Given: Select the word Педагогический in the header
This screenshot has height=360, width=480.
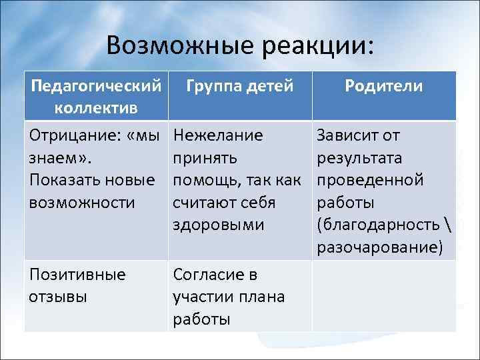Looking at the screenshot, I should (x=97, y=86).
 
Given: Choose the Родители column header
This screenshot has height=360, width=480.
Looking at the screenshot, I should (x=384, y=86).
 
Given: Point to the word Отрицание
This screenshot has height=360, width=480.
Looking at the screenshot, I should (x=70, y=136).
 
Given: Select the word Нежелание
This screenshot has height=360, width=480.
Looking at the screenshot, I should (x=217, y=136).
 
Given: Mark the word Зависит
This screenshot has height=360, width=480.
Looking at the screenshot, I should (x=349, y=136).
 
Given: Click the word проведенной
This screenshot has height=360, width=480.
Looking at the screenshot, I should (x=370, y=181).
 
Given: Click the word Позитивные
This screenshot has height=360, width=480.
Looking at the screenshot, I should (x=77, y=275).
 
